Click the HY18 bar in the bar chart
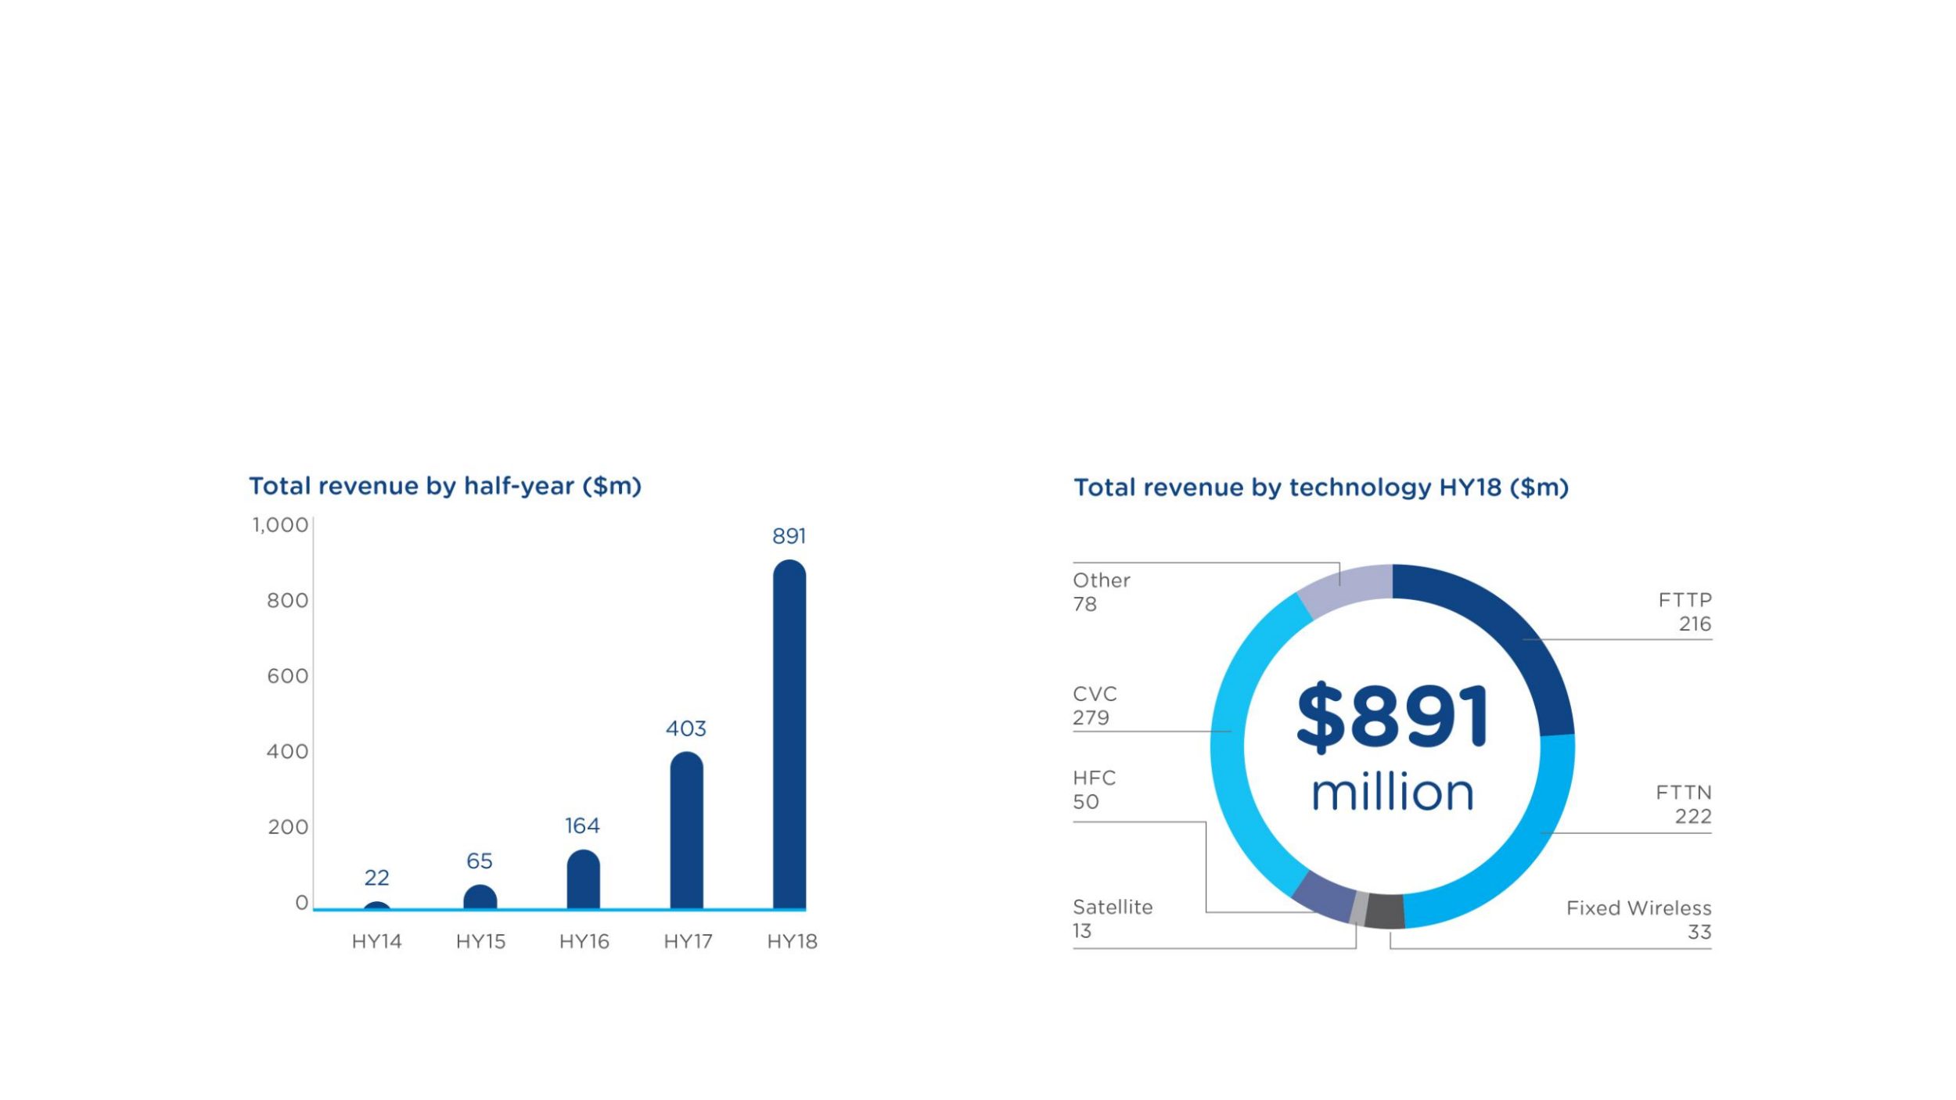(x=789, y=735)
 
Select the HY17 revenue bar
(x=686, y=831)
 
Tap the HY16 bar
(x=583, y=880)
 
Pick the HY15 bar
(x=480, y=897)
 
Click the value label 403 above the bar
(x=685, y=728)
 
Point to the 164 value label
(x=582, y=825)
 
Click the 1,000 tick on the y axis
(x=280, y=525)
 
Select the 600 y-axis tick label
(x=287, y=676)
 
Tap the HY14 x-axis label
(x=376, y=941)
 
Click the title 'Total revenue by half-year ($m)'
(x=444, y=486)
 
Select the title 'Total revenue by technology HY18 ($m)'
(x=1321, y=487)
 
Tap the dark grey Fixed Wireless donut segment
(x=1385, y=911)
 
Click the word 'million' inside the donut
(x=1392, y=793)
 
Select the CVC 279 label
(x=1095, y=706)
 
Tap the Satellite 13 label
(x=1112, y=918)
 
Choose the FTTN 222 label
(x=1683, y=803)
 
